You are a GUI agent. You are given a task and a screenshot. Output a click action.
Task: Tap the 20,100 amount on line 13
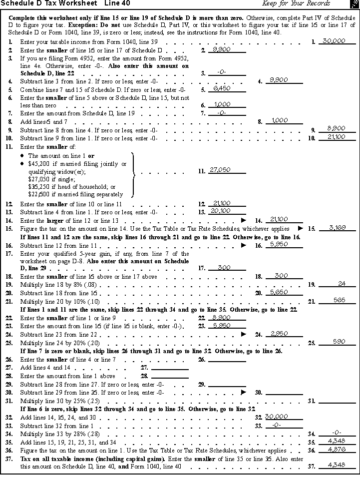222,211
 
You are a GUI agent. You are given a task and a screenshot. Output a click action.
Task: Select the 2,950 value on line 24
279,333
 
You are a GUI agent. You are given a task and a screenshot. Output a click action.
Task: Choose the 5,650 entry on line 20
279,292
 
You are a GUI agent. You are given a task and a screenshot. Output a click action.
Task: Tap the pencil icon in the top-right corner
354,4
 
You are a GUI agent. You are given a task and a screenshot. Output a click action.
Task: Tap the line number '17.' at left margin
9,254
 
